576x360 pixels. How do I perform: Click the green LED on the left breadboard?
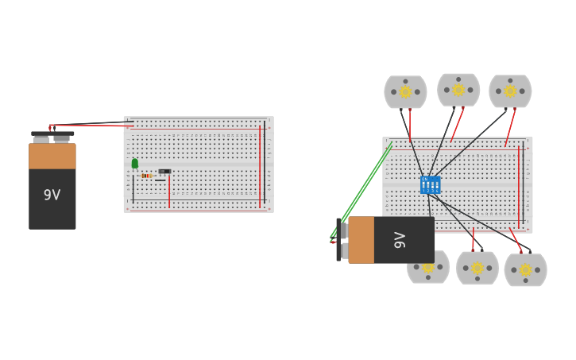pyautogui.click(x=135, y=163)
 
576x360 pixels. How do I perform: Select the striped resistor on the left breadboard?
pyautogui.click(x=146, y=176)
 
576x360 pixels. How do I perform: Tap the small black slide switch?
pyautogui.click(x=164, y=171)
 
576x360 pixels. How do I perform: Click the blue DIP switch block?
pyautogui.click(x=430, y=184)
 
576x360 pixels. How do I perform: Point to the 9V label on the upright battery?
pyautogui.click(x=52, y=195)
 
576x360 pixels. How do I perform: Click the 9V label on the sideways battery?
pyautogui.click(x=400, y=239)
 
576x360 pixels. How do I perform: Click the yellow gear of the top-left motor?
pyautogui.click(x=405, y=91)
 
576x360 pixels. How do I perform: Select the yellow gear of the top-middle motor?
pyautogui.click(x=458, y=90)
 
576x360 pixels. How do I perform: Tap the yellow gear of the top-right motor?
pyautogui.click(x=510, y=91)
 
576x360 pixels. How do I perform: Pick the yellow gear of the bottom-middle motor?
pyautogui.click(x=477, y=268)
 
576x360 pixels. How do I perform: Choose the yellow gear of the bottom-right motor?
pyautogui.click(x=525, y=269)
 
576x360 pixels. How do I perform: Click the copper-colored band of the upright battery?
pyautogui.click(x=52, y=156)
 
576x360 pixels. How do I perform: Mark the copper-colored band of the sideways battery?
pyautogui.click(x=361, y=239)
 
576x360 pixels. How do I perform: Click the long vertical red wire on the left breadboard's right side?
pyautogui.click(x=259, y=167)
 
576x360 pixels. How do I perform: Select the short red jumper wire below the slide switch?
pyautogui.click(x=169, y=192)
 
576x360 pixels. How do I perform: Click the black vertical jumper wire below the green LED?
pyautogui.click(x=133, y=187)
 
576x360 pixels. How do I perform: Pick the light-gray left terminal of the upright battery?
pyautogui.click(x=41, y=139)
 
